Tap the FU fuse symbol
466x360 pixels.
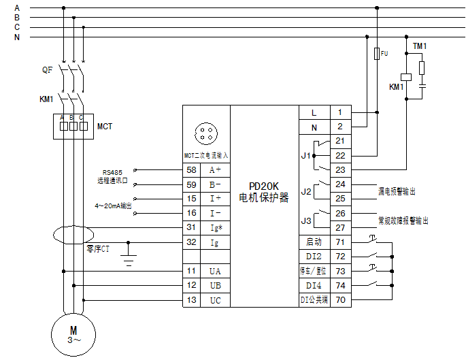click(x=377, y=54)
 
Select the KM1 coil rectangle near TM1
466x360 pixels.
click(x=406, y=77)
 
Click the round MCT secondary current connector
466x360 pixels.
click(x=206, y=134)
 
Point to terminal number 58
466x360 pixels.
click(x=191, y=169)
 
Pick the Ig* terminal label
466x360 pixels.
click(x=216, y=228)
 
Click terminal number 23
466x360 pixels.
click(x=340, y=169)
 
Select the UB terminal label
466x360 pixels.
click(x=216, y=285)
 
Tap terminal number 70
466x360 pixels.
click(x=341, y=299)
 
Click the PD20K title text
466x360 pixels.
click(x=264, y=186)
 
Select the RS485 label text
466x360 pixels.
click(x=112, y=172)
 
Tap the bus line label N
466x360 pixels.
click(x=17, y=37)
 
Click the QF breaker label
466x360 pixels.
click(x=47, y=70)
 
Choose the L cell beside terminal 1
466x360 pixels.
click(x=314, y=113)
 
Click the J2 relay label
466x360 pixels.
click(x=306, y=191)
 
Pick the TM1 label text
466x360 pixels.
click(x=420, y=46)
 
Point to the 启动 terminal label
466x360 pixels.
click(x=314, y=242)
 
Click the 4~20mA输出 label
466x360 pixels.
click(x=113, y=206)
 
